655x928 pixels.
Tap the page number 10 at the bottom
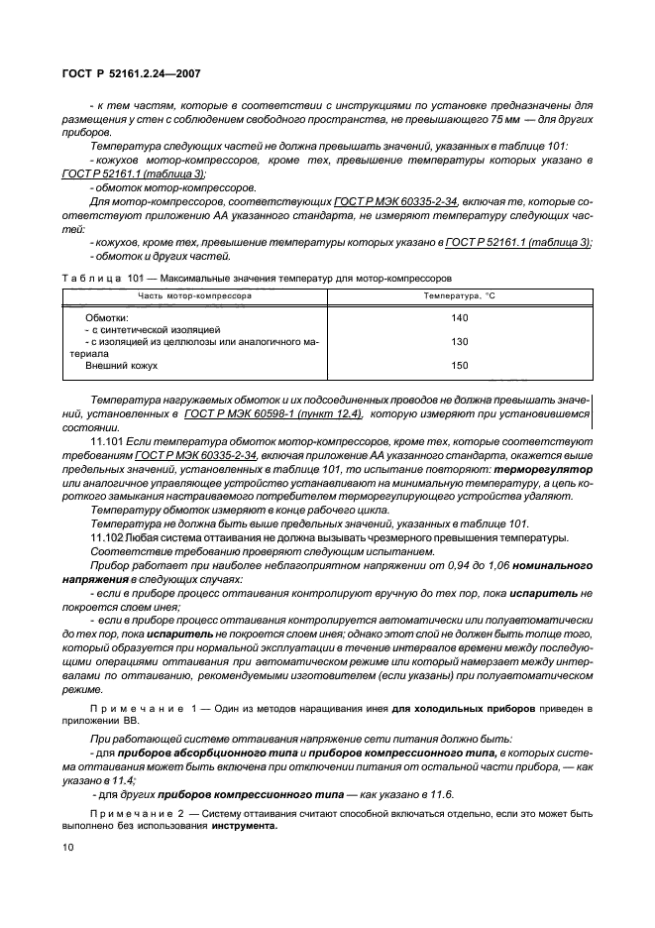click(68, 848)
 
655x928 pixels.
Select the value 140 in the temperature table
click(459, 317)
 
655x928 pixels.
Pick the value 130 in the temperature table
click(459, 341)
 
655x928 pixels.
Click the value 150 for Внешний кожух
click(459, 365)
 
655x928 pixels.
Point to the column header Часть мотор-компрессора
click(194, 295)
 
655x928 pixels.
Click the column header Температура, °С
click(459, 295)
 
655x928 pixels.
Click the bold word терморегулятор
click(546, 468)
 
